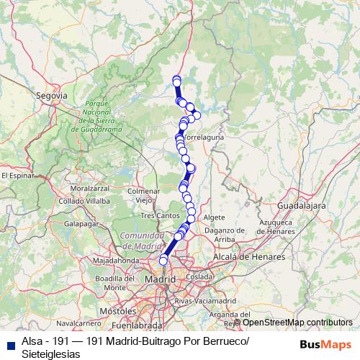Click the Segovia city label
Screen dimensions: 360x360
(53, 94)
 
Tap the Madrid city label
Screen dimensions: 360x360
(160, 279)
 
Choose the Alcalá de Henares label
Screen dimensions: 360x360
(249, 256)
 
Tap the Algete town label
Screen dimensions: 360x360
(215, 216)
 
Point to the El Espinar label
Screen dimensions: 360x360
(17, 174)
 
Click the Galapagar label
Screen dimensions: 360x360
(81, 224)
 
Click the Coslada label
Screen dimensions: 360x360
(199, 276)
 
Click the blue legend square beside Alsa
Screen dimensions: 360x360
(9, 343)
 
